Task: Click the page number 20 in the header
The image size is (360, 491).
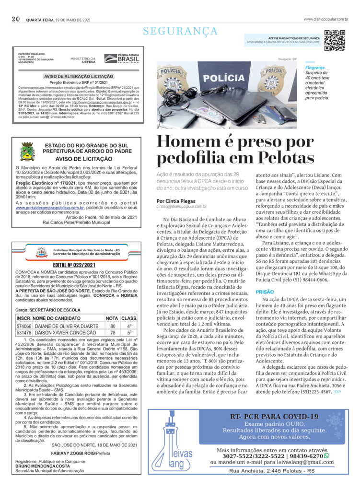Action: tap(16, 19)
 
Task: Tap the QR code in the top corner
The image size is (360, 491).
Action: tap(335, 40)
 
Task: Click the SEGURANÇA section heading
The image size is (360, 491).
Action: tap(180, 31)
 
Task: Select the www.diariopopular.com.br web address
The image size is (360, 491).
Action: tap(325, 19)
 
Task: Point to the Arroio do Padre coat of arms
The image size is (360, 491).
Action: tap(27, 152)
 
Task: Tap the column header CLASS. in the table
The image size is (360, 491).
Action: tap(129, 318)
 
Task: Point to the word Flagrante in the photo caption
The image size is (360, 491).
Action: tap(315, 68)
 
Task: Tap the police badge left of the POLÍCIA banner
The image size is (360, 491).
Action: tap(173, 79)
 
